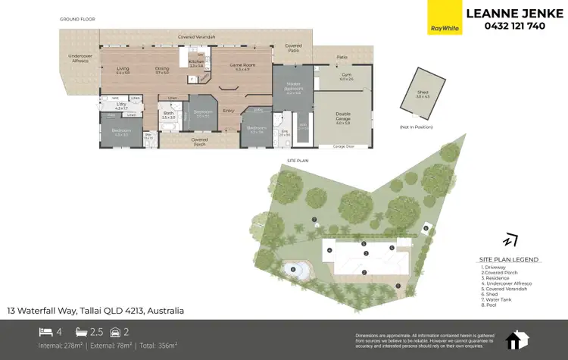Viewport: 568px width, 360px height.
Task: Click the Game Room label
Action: point(240,67)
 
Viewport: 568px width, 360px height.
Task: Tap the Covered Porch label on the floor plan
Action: point(200,140)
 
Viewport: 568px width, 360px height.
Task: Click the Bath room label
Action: point(169,115)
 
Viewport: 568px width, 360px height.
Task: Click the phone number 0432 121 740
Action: point(514,26)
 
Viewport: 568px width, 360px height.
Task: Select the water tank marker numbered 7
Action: point(314,220)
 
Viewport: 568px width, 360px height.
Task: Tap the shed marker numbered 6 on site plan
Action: point(426,227)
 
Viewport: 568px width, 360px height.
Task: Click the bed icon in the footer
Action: point(45,332)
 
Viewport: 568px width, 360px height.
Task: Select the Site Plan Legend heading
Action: point(508,259)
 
